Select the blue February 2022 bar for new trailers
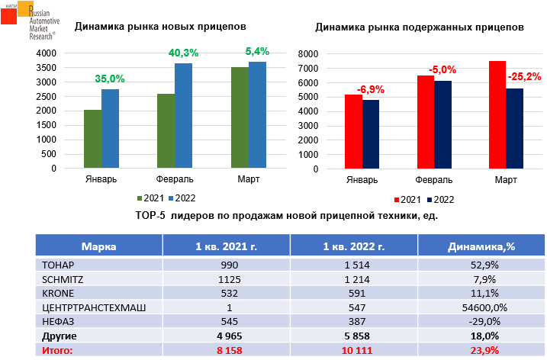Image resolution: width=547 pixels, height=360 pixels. (x=183, y=115)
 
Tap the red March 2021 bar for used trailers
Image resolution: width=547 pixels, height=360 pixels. (x=497, y=114)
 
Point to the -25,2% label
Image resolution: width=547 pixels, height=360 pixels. (x=524, y=76)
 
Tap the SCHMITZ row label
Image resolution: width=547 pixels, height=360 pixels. (x=60, y=278)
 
